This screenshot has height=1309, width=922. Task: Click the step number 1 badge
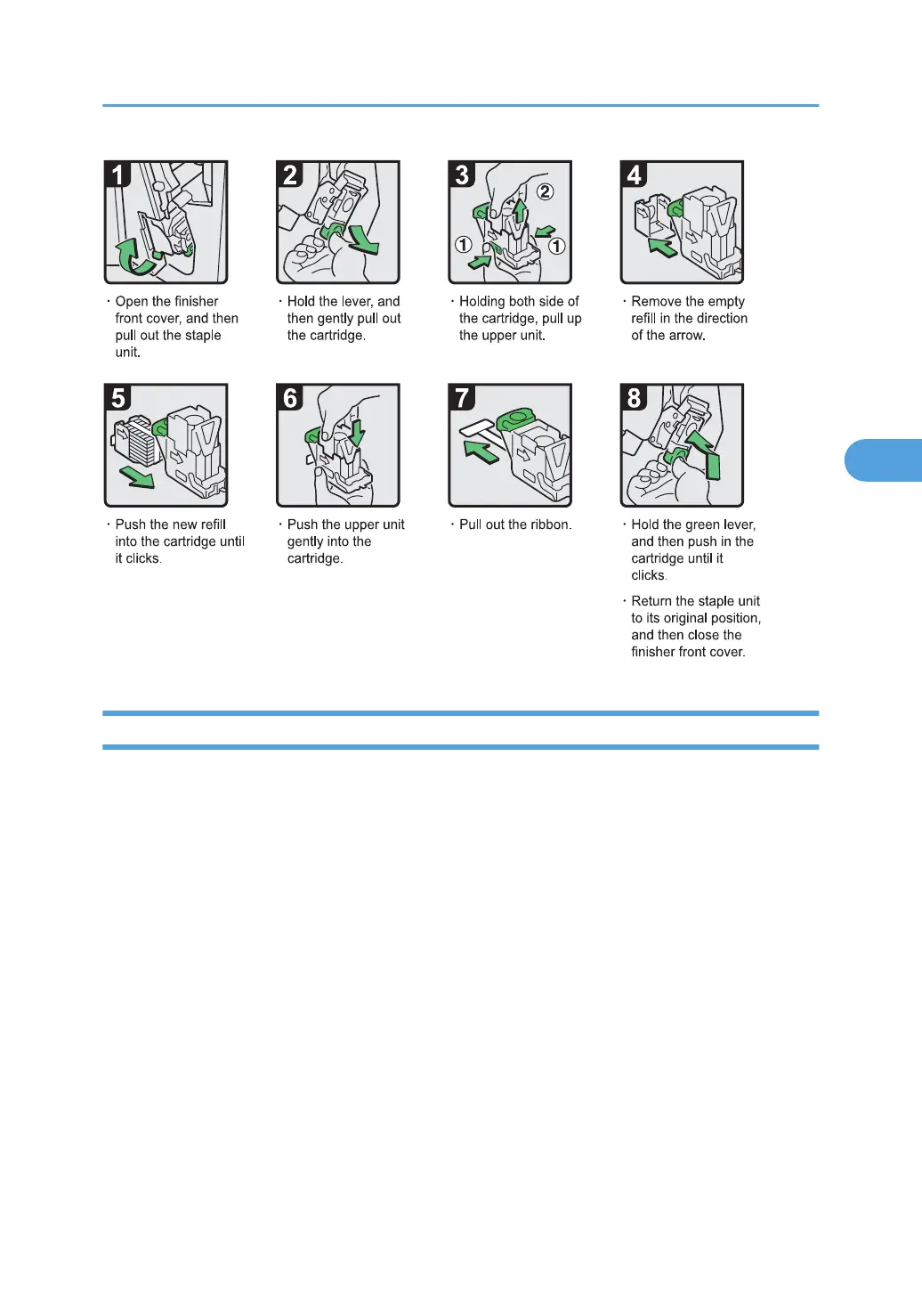(x=117, y=175)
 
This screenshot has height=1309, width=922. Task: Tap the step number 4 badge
(x=634, y=175)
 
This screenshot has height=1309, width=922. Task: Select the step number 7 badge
(x=461, y=398)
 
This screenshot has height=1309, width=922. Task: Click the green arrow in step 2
(x=363, y=240)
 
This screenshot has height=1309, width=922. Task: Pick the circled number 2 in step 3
(x=545, y=191)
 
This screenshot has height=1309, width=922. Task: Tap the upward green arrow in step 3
(x=519, y=210)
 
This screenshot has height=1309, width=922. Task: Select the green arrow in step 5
(x=137, y=477)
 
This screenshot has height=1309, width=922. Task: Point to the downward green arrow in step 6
(x=356, y=434)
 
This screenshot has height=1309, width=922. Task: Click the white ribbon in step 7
(x=480, y=431)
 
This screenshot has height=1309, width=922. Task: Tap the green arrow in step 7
(x=481, y=451)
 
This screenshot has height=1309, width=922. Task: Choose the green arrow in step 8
(x=706, y=455)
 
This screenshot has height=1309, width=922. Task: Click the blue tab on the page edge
(x=884, y=459)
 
